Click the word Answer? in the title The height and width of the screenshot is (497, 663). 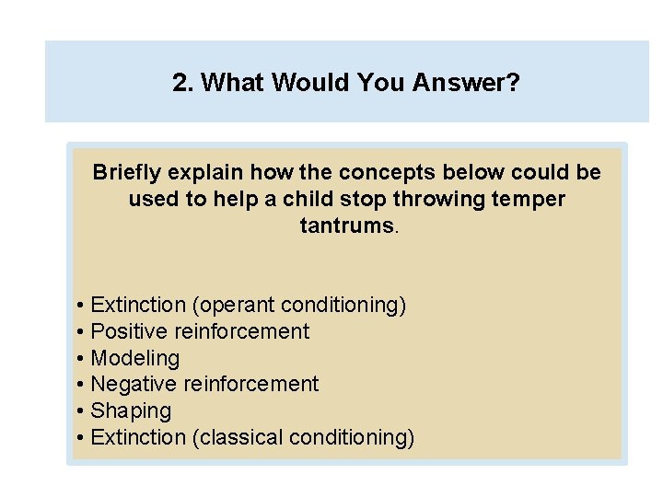466,84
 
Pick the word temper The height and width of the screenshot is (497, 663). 531,199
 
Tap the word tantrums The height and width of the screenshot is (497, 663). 346,225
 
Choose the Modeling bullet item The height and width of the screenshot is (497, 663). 135,358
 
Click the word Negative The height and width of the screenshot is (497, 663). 134,384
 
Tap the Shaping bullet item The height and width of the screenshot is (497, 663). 131,410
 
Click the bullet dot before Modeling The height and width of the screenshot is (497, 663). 82,358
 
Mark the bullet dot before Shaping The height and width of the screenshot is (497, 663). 82,410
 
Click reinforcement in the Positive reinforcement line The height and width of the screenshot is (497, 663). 242,331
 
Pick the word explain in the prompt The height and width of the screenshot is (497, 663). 200,172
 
